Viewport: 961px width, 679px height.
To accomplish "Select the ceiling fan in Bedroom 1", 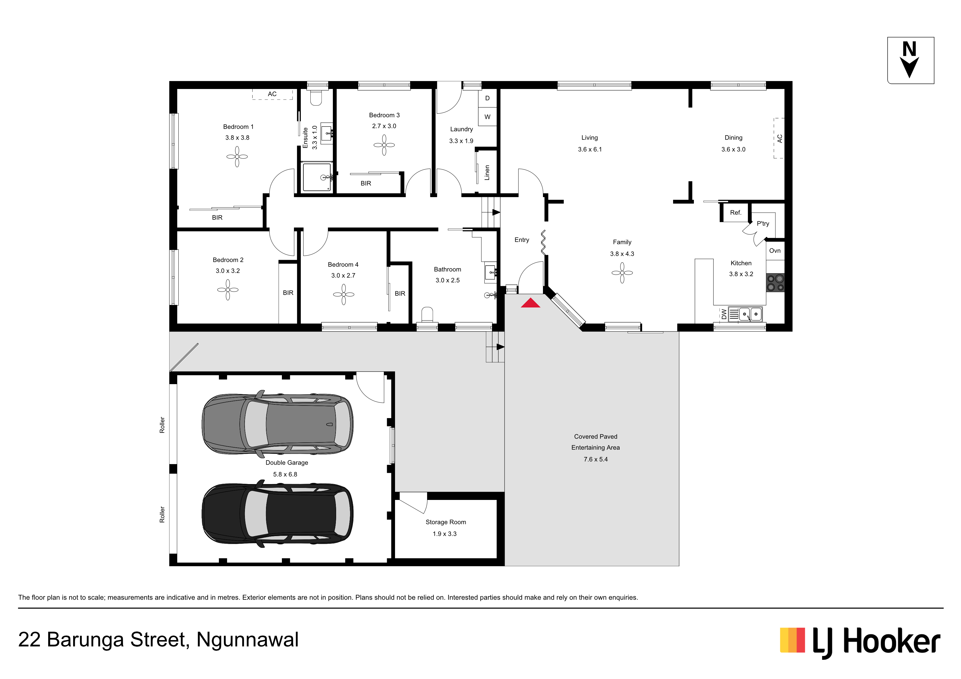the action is pos(237,156).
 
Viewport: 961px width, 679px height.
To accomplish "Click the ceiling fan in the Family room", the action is pos(622,273).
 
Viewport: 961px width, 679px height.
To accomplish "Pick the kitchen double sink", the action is pos(750,314).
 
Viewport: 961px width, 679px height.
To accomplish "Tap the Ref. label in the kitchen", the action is pos(735,212).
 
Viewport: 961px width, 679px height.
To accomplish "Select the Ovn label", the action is pos(775,251).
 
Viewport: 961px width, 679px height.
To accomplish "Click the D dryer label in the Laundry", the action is pos(487,98).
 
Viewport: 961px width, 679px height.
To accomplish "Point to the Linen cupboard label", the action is pos(487,172).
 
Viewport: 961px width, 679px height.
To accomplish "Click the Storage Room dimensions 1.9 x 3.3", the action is pos(445,534).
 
